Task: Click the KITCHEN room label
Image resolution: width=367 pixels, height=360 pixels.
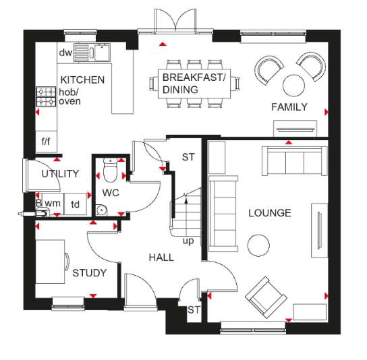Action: click(82, 80)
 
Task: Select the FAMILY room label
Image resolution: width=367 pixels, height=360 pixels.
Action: click(289, 107)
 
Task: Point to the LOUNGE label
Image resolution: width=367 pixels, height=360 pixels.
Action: click(270, 213)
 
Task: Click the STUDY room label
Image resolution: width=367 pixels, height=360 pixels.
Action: click(89, 273)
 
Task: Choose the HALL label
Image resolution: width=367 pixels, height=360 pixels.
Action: click(161, 257)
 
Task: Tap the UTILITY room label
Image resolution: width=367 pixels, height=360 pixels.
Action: click(60, 173)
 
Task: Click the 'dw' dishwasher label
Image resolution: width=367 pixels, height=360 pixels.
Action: click(65, 53)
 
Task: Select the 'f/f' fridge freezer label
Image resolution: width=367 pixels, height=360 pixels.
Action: click(46, 142)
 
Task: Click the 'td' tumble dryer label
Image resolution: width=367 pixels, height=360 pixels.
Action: click(76, 204)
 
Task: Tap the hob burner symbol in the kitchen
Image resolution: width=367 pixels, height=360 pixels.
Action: click(46, 95)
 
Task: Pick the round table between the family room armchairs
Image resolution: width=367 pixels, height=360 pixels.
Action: click(293, 84)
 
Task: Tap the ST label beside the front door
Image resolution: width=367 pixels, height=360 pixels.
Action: click(194, 309)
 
